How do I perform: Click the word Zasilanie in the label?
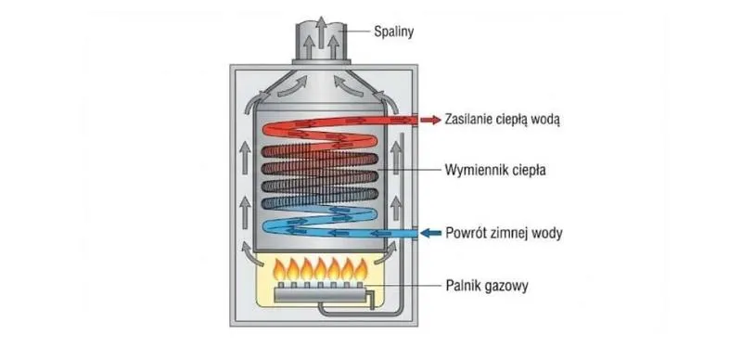coord(471,120)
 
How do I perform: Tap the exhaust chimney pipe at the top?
coord(317,42)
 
